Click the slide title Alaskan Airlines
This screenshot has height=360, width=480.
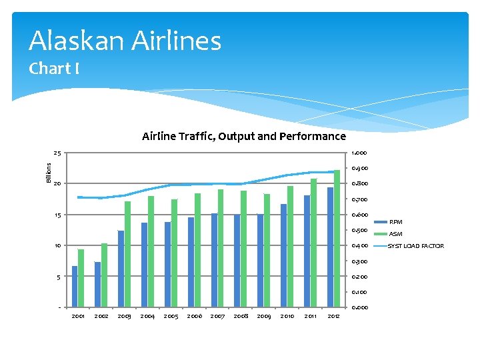[125, 41]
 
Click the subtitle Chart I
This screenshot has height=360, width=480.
[54, 69]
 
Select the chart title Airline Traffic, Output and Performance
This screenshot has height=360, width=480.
[243, 137]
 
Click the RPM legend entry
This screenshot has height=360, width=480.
[395, 222]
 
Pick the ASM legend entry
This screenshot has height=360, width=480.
[395, 234]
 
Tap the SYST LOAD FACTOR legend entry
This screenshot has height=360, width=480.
[415, 246]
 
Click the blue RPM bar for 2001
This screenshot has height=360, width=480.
[75, 287]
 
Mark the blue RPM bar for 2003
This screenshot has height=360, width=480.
[121, 269]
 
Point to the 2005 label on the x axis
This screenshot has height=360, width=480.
[171, 316]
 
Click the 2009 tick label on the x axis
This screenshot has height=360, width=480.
[264, 316]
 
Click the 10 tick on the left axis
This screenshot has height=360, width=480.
[58, 246]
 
